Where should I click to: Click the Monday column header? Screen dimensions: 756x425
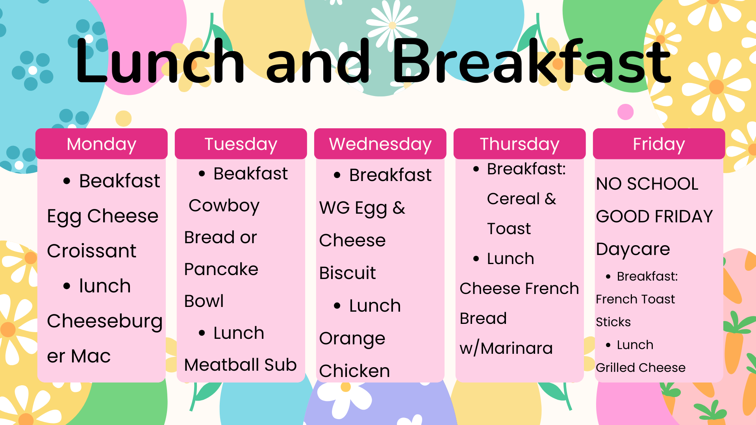click(x=102, y=144)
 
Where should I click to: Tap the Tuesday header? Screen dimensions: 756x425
click(x=241, y=144)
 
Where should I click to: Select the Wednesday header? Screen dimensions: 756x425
click(x=380, y=144)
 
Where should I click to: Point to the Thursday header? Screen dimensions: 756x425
click(x=520, y=144)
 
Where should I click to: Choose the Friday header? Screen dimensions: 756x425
click(x=659, y=144)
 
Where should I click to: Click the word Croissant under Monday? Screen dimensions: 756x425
click(x=92, y=251)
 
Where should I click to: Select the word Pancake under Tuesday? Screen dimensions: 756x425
click(x=221, y=270)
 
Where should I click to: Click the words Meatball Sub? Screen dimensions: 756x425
click(x=241, y=365)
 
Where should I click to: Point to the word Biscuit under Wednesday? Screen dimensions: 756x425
click(x=348, y=273)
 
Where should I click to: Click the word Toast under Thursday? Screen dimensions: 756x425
click(x=509, y=229)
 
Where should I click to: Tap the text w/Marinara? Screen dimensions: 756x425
click(x=506, y=348)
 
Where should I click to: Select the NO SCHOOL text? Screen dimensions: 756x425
click(x=647, y=184)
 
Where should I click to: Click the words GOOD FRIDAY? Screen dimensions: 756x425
click(x=654, y=216)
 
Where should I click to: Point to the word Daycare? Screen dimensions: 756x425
click(x=633, y=249)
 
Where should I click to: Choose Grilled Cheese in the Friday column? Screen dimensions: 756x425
click(x=641, y=368)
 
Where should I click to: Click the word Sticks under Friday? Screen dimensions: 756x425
click(x=613, y=322)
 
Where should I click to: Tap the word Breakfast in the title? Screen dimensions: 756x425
click(x=532, y=62)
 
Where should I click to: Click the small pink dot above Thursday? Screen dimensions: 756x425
click(x=626, y=112)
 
